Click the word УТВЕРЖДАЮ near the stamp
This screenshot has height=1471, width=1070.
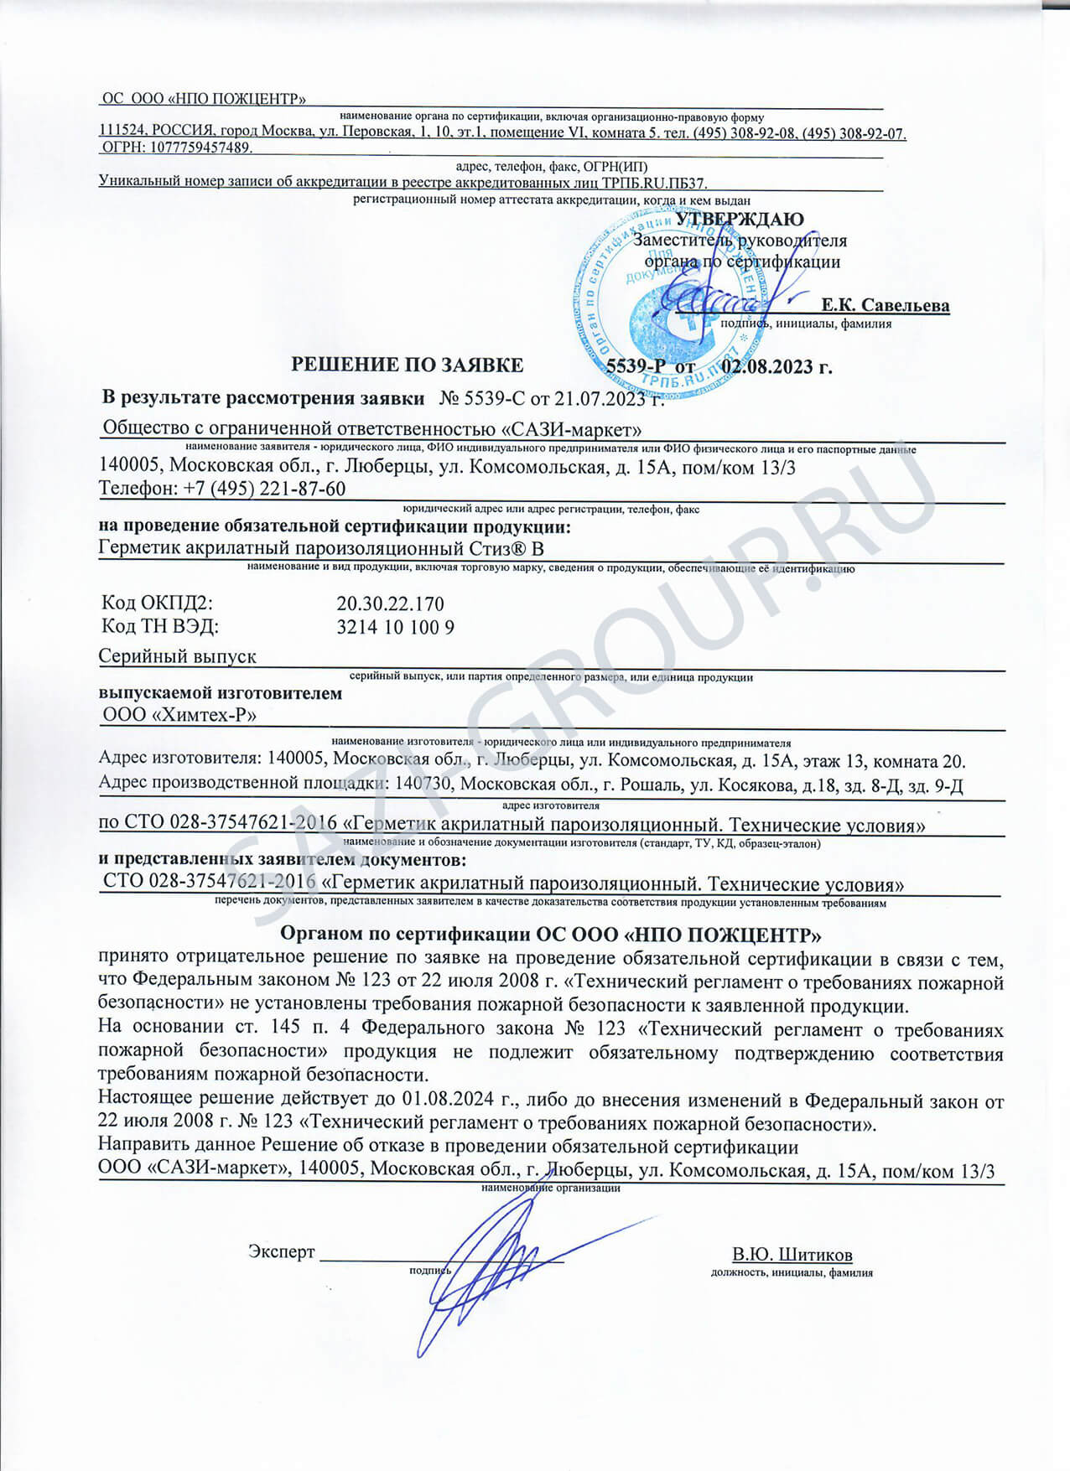pos(740,220)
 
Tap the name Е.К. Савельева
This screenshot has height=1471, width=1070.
pos(885,304)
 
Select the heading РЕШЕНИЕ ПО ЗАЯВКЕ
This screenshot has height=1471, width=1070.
pos(407,365)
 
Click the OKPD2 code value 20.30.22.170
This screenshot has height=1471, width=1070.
pos(390,603)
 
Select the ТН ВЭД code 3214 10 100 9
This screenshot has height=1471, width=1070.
pos(395,627)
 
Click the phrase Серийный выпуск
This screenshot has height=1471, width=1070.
pos(178,656)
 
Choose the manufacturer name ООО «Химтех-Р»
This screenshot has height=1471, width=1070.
pos(179,715)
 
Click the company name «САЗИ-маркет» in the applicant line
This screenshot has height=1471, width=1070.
pos(571,430)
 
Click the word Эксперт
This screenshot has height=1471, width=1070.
pos(281,1252)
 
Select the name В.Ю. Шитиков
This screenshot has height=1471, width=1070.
pos(792,1255)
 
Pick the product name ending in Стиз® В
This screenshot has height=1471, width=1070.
pos(321,549)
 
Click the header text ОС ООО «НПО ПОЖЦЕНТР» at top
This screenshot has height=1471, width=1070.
pos(204,99)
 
